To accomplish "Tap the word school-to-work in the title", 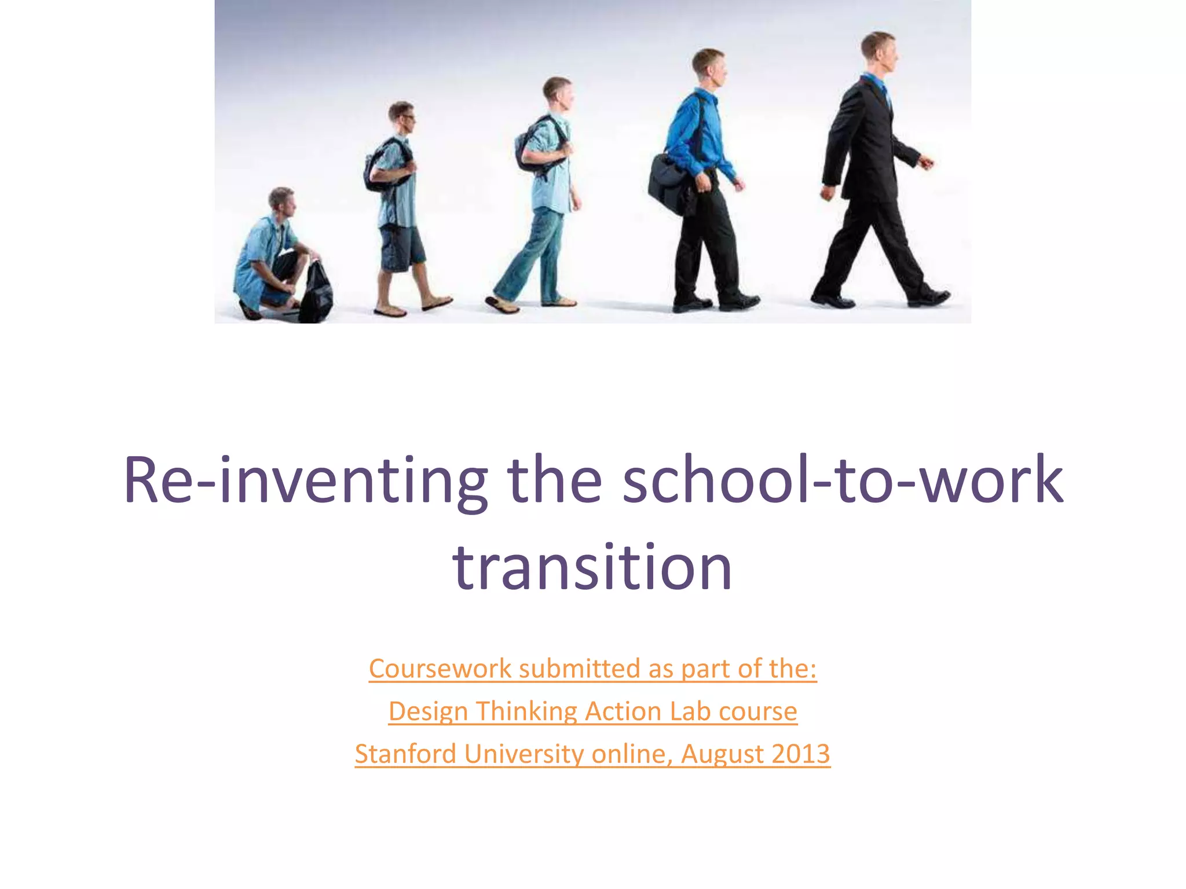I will pyautogui.click(x=843, y=480).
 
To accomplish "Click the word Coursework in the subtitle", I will pyautogui.click(x=440, y=669).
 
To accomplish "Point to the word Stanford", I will pyautogui.click(x=405, y=754).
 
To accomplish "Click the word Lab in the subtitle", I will pyautogui.click(x=690, y=712).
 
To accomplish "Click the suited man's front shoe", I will pyautogui.click(x=929, y=297).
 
